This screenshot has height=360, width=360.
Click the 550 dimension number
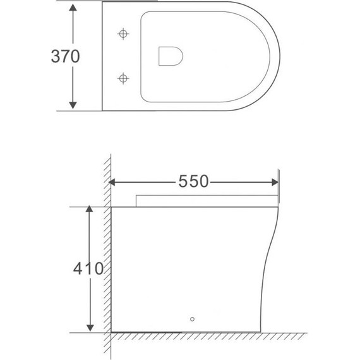point(193,182)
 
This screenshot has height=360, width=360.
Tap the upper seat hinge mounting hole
point(123,33)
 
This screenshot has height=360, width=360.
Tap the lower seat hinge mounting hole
point(123,78)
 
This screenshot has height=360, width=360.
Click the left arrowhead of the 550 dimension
point(114,182)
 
